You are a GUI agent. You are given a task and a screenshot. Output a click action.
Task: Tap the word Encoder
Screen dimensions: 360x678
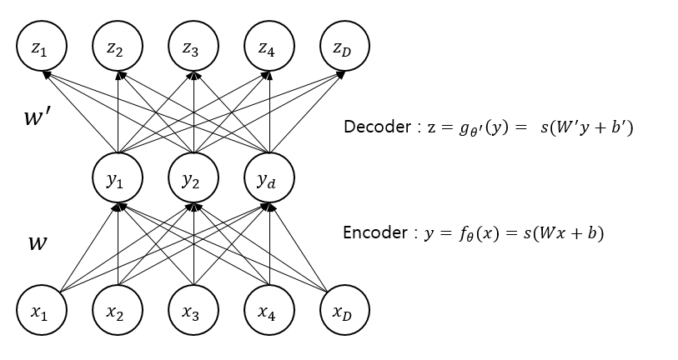[373, 232]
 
